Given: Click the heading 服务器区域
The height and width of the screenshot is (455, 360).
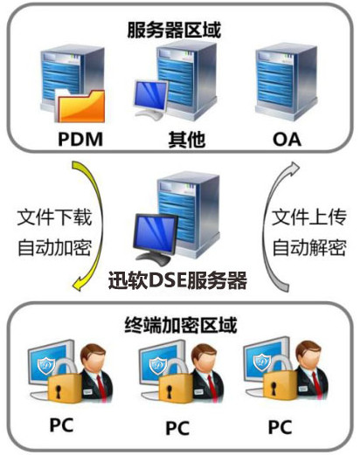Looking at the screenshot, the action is (x=174, y=30).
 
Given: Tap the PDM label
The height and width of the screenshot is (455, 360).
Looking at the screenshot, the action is (x=80, y=139).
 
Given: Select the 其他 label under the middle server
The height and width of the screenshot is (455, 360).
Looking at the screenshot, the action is (x=187, y=140).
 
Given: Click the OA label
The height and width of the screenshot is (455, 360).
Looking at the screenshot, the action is (x=287, y=140).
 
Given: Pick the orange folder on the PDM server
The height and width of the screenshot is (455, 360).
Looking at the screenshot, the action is (x=80, y=106).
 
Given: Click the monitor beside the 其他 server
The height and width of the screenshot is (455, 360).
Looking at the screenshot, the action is (x=150, y=99).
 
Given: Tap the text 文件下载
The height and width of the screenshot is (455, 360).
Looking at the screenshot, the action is (x=54, y=217).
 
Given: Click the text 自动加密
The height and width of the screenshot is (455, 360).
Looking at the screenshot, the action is (x=54, y=248).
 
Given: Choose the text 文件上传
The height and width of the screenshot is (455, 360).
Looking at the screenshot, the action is (x=309, y=217).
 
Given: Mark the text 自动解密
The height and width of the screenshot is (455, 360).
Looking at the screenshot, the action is (x=309, y=248).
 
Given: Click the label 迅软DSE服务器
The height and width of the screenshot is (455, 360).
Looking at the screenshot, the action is (x=177, y=281).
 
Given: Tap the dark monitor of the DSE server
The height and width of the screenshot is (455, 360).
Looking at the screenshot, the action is (x=156, y=238).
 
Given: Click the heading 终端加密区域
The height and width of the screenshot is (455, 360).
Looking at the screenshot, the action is (x=181, y=325).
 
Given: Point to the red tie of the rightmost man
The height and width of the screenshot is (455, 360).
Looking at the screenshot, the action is (x=316, y=384).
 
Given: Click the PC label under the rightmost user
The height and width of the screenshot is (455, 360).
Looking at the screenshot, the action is (x=280, y=427).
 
